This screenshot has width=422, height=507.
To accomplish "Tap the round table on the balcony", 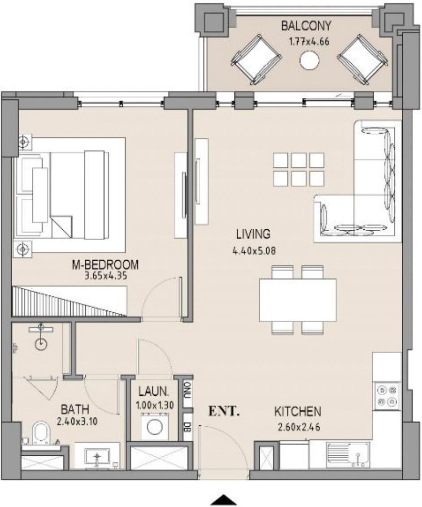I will pos(309,60).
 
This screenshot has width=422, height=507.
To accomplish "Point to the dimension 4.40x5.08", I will pos(253,251).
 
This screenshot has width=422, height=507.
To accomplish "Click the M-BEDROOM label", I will pos(105,265).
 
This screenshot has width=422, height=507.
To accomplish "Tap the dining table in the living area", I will pos(298,300).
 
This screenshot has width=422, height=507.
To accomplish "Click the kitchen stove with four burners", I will pos(387,395).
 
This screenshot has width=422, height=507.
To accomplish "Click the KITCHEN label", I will pos(297,411).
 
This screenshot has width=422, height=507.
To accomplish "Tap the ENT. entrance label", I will pos(224,411).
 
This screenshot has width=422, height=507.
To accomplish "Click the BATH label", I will pos(75,409).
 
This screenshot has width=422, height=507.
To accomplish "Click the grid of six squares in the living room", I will pos(298,170).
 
